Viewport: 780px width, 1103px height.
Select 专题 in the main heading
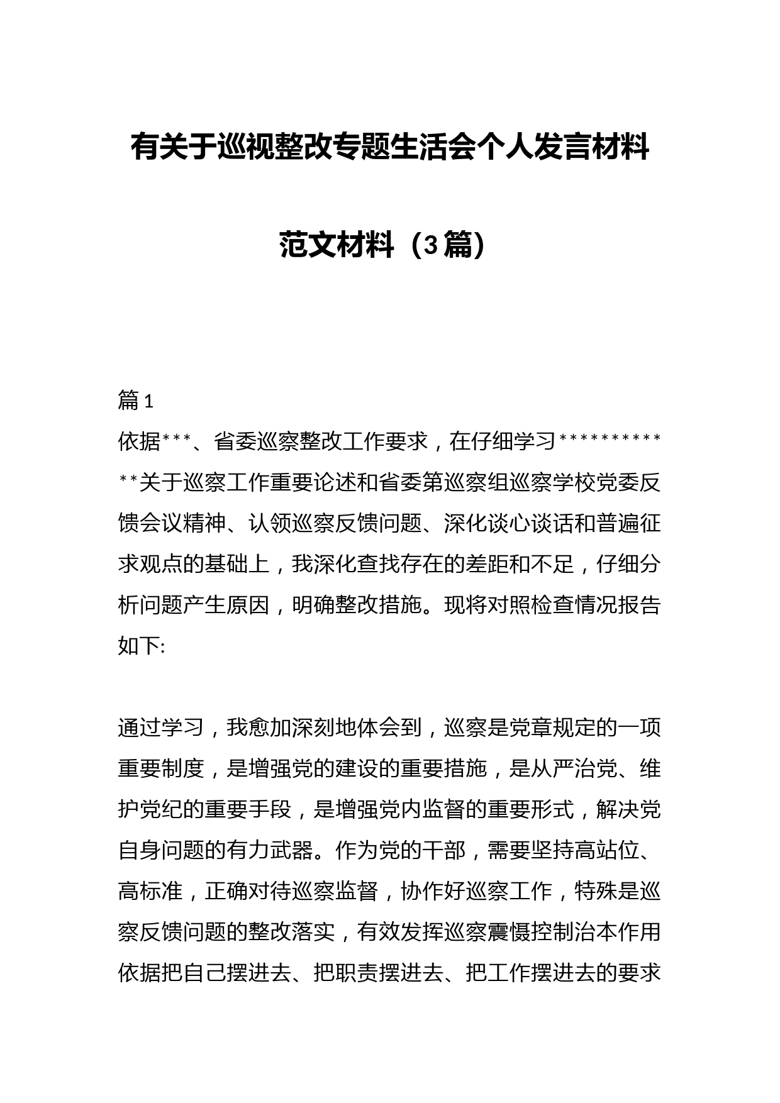click(360, 148)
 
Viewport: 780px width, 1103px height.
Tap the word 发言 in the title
click(563, 148)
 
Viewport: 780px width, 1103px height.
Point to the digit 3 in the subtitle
click(430, 245)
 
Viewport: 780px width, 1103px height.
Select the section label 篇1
click(135, 401)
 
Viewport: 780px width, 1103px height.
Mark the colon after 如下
click(163, 646)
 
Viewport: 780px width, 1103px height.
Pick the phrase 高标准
click(150, 891)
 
